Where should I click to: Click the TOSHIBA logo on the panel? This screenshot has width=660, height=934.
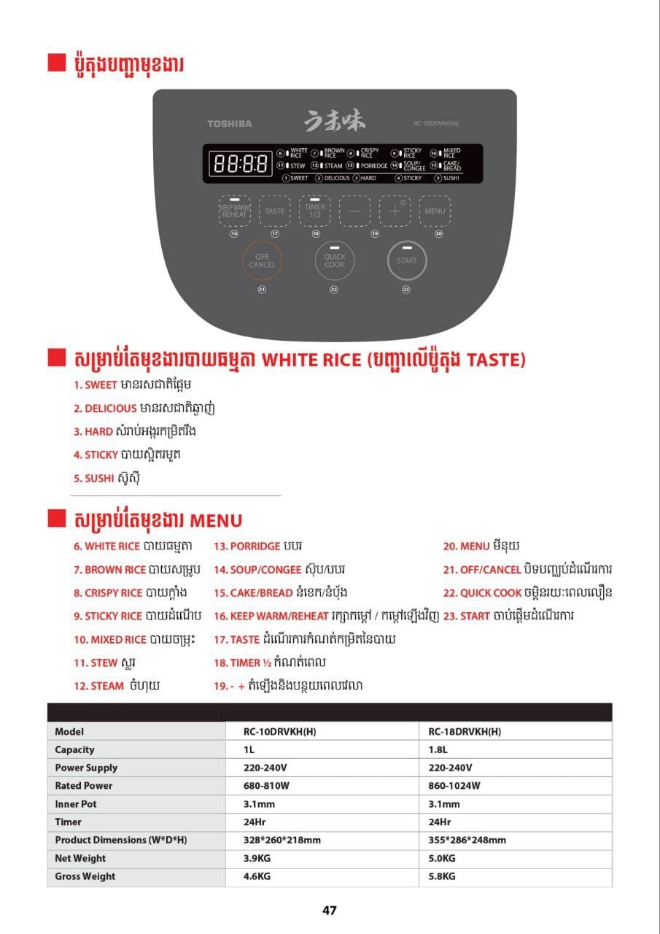pos(230,124)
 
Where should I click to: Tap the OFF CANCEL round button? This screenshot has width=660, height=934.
pos(262,260)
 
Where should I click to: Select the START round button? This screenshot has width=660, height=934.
pos(407,260)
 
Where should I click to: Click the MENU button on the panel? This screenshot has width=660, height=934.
pos(435,211)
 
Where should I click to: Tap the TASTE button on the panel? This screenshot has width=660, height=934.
pos(275,211)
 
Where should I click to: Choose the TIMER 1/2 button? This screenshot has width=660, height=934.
pos(315,211)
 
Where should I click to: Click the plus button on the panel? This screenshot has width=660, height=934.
pos(395,211)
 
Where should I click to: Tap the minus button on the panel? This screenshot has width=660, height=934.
pos(354,211)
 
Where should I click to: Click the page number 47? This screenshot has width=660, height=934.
pos(330,910)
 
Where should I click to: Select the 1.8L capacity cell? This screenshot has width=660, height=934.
pos(438,749)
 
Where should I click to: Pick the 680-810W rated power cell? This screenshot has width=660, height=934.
pos(266,786)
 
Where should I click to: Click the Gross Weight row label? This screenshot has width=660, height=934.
pos(85,876)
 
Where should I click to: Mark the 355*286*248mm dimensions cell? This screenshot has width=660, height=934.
pos(467,840)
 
